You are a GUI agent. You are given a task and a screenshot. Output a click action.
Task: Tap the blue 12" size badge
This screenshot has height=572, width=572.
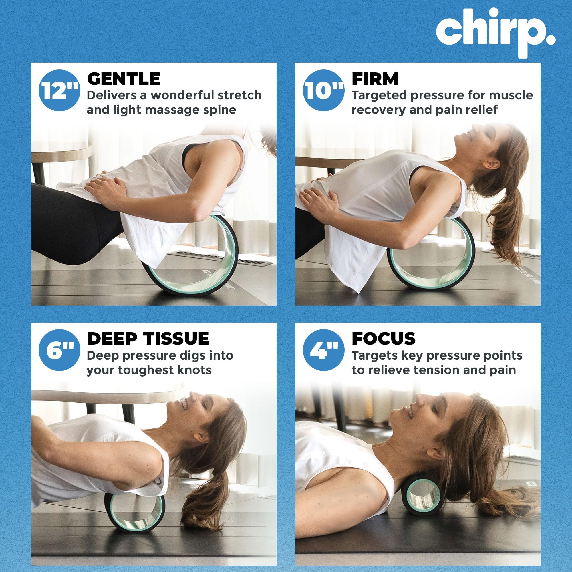tap(59, 90)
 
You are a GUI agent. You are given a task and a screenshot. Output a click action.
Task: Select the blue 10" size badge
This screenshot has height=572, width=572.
tap(323, 90)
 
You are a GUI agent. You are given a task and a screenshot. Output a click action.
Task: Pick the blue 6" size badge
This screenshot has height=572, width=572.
tap(59, 351)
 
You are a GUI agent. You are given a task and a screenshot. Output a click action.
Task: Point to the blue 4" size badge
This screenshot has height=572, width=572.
tap(323, 351)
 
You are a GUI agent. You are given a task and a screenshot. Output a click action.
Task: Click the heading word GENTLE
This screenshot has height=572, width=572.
tap(124, 79)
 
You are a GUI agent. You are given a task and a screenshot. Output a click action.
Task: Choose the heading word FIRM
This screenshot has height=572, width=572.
tap(375, 79)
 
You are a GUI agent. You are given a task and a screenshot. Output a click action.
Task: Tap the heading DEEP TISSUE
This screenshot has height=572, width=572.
tap(148, 339)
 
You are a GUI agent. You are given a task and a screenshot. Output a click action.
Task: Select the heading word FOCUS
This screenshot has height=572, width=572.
tap(384, 339)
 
